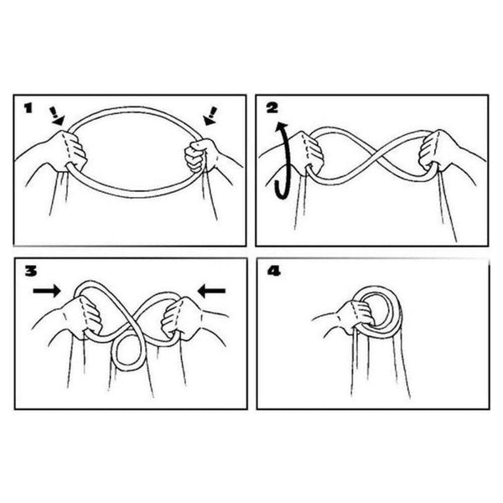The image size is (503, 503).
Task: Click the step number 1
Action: click(x=29, y=108)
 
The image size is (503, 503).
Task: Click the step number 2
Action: click(x=272, y=108)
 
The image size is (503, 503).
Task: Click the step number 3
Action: click(x=31, y=272)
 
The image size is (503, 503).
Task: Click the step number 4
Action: click(x=274, y=272)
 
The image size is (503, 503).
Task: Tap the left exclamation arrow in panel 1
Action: click(x=56, y=117)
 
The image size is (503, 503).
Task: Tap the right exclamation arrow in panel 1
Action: click(x=210, y=116)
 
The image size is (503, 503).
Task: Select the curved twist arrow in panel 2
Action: click(x=283, y=160)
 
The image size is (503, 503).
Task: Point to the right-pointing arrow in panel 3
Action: click(x=47, y=291)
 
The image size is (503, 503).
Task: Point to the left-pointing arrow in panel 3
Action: click(x=212, y=291)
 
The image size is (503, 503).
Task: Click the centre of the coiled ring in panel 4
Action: click(x=380, y=310)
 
